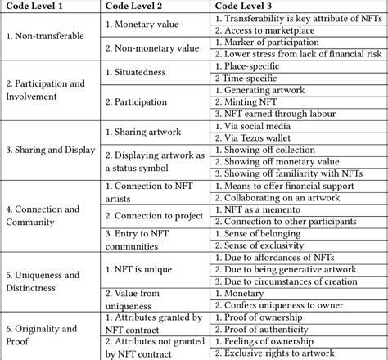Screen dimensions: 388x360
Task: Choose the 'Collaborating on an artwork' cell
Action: [x=291, y=199]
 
